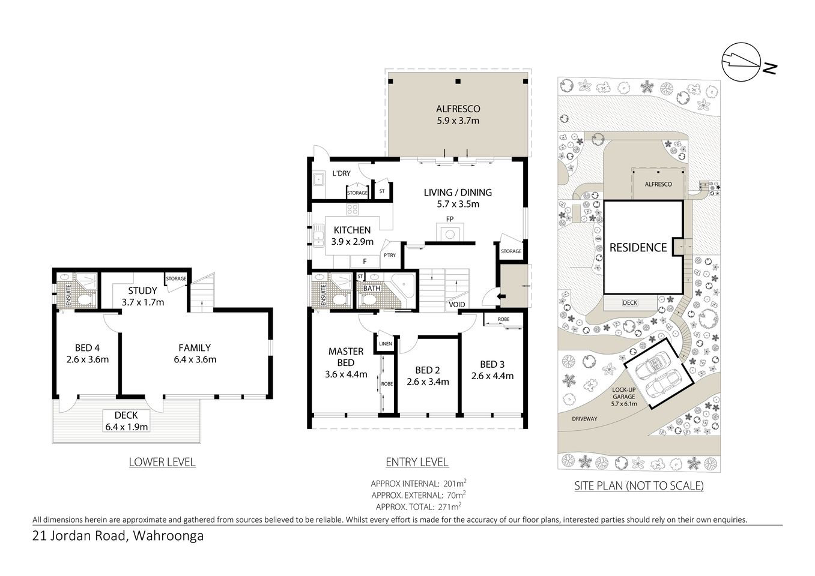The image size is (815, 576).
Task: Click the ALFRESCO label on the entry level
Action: click(x=458, y=109)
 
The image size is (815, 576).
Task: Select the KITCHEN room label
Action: click(x=352, y=230)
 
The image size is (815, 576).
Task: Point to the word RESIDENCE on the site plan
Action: click(x=638, y=247)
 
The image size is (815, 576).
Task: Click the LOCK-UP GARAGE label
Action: click(x=625, y=393)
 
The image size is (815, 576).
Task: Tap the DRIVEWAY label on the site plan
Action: click(x=584, y=418)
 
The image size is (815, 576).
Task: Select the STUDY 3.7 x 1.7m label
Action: click(x=142, y=296)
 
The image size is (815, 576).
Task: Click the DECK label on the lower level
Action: click(x=126, y=415)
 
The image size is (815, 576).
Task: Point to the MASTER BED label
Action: click(x=345, y=356)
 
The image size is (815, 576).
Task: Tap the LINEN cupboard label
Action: click(x=385, y=344)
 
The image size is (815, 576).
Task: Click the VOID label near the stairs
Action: click(x=456, y=305)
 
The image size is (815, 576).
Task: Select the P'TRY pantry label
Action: click(x=390, y=256)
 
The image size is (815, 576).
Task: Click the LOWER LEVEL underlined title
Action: click(x=162, y=462)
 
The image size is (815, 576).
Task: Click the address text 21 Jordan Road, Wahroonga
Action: click(x=118, y=536)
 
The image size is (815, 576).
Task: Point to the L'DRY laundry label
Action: click(x=341, y=173)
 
